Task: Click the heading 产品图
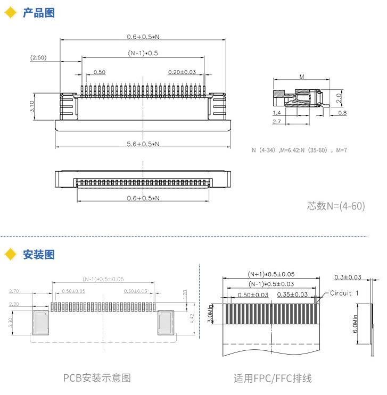(38, 13)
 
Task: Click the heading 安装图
(38, 255)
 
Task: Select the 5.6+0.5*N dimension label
(142, 144)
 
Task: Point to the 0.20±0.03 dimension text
(182, 72)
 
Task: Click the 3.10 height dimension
(32, 106)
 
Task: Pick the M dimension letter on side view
(301, 77)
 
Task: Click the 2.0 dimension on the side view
(339, 98)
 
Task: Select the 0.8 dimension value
(342, 113)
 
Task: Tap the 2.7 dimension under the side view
(277, 122)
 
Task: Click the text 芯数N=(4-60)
(336, 206)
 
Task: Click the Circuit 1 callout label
(344, 293)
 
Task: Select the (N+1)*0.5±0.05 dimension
(271, 274)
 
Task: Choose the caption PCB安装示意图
(97, 378)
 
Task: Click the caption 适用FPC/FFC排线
(273, 378)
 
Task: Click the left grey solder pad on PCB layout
(41, 322)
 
